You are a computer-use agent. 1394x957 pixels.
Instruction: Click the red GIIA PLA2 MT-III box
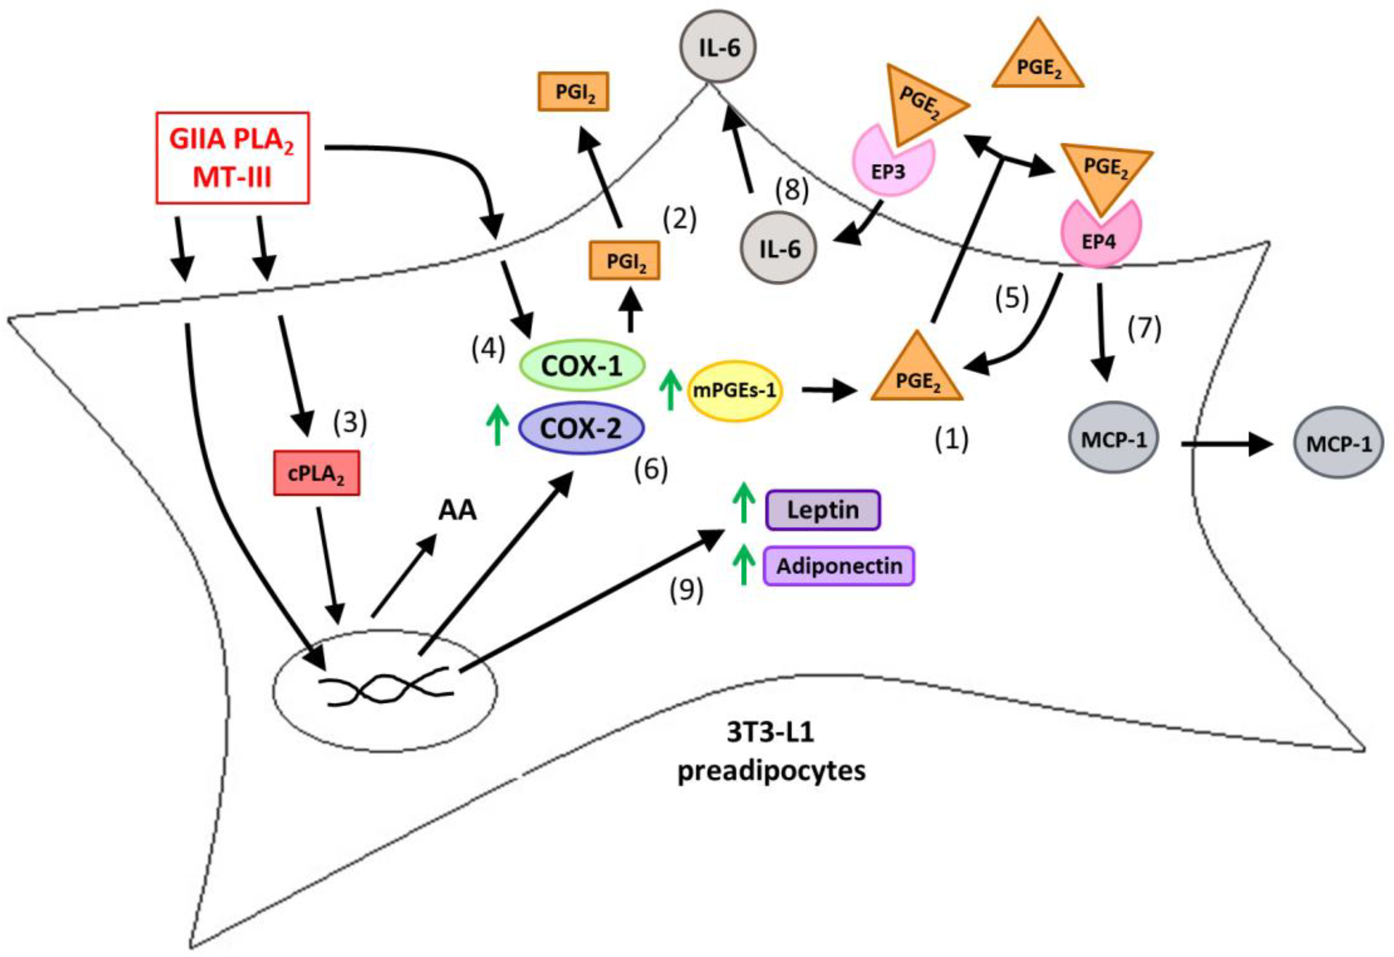point(233,158)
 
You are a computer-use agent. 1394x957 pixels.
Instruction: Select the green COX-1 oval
point(582,366)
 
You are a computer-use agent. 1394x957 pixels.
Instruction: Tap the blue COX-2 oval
point(581,428)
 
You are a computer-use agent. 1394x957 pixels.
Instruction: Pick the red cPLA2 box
point(317,473)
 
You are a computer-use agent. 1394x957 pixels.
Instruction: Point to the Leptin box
point(823,510)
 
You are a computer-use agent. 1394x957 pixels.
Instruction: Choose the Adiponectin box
point(839,565)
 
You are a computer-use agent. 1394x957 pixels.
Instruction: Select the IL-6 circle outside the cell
point(718,47)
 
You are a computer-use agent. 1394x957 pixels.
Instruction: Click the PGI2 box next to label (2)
point(625,260)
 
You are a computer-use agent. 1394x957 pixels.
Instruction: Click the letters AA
point(457,510)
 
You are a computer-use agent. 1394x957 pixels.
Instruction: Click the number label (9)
point(686,589)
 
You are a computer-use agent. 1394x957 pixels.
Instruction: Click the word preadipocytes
point(771,771)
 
